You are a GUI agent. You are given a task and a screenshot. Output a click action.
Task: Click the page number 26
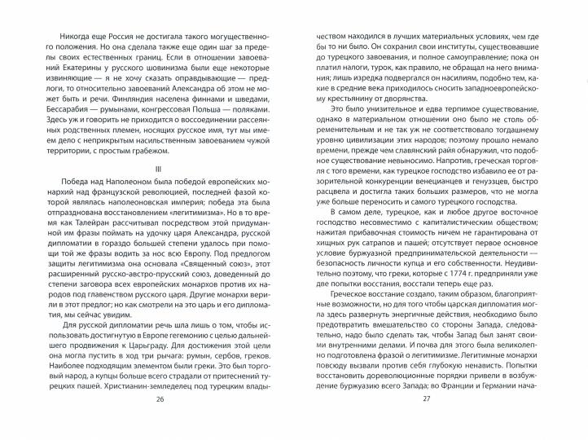tap(159, 422)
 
